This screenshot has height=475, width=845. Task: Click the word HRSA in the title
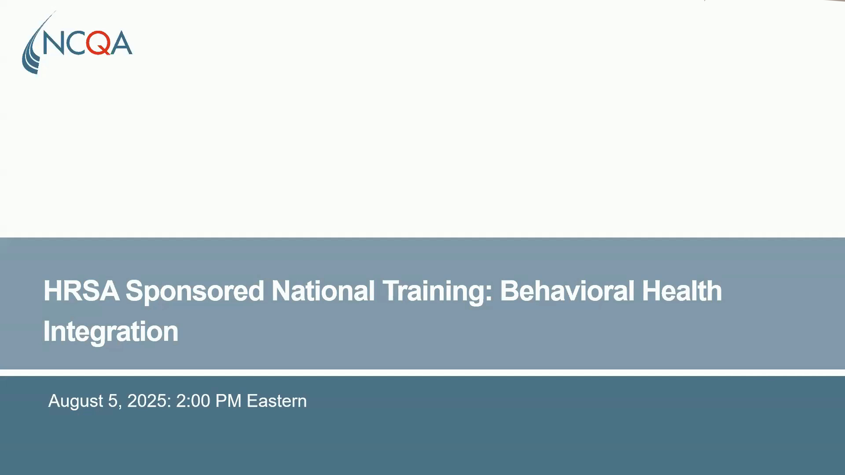tap(81, 291)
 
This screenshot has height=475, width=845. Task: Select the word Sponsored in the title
tap(195, 291)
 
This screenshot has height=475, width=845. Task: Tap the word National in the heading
tap(323, 291)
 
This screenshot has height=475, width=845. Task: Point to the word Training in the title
tap(433, 291)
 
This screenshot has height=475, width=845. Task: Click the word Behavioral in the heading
tap(566, 291)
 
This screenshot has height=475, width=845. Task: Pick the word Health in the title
tap(682, 291)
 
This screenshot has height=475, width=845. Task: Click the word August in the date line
tap(75, 401)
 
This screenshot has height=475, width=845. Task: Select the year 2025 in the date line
tap(147, 401)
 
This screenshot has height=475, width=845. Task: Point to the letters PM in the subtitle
tap(228, 401)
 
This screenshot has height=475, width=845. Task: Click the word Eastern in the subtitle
tap(276, 401)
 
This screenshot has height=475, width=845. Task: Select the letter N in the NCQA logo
tap(53, 43)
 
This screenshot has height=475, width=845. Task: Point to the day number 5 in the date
tap(112, 401)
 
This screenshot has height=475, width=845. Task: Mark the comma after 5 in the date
tap(120, 406)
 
